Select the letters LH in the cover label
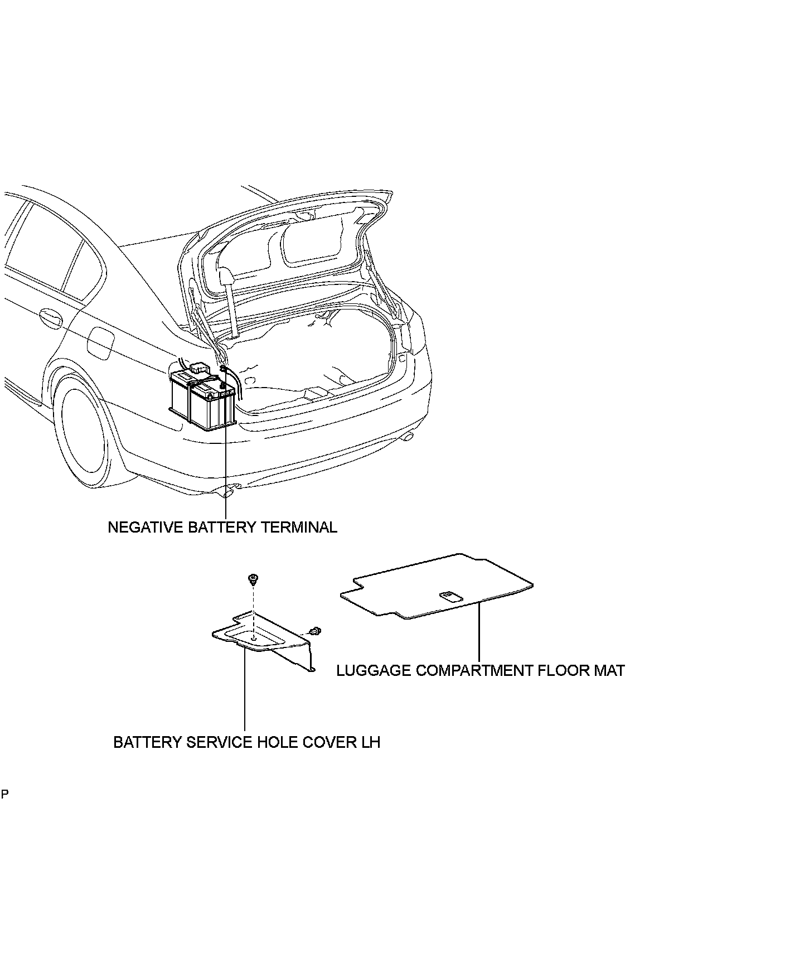(371, 742)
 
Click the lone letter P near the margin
(4, 794)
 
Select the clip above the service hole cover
(254, 579)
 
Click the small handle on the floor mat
(450, 597)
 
